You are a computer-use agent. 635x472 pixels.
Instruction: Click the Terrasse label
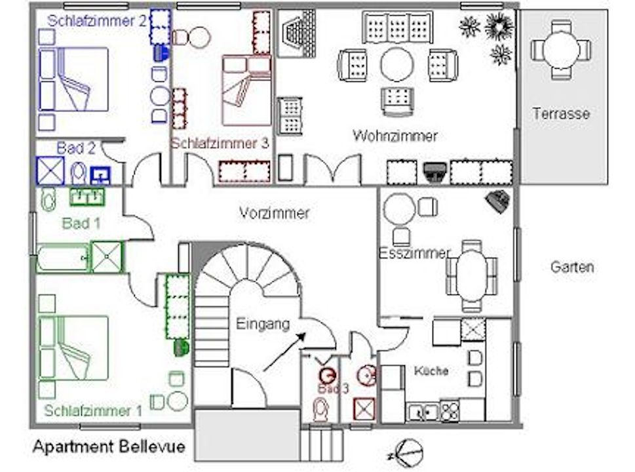[561, 113]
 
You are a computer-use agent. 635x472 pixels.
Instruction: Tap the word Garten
[572, 267]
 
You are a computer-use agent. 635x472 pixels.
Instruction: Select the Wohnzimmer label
[395, 136]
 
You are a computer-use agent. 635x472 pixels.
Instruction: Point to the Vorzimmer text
[274, 212]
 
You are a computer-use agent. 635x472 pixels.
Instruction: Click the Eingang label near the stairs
[263, 324]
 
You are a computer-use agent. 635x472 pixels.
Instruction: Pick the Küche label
[431, 370]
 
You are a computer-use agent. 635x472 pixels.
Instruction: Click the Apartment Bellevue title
[109, 446]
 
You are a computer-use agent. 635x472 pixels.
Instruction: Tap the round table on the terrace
[562, 49]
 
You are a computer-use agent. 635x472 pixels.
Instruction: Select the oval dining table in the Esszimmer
[471, 275]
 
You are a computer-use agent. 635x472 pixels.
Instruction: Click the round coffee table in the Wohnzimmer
[397, 64]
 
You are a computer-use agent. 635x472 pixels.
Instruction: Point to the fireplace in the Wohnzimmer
[296, 33]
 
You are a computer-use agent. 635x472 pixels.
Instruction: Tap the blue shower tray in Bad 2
[50, 171]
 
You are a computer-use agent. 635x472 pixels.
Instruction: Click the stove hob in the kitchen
[450, 410]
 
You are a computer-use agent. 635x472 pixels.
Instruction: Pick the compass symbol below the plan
[408, 452]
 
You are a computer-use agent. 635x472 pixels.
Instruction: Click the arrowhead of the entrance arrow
[301, 337]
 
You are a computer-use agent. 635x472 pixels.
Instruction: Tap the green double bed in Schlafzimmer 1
[73, 348]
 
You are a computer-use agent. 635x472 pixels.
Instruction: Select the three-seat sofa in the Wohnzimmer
[397, 28]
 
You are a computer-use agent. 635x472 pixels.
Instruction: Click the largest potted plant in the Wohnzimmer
[499, 26]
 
